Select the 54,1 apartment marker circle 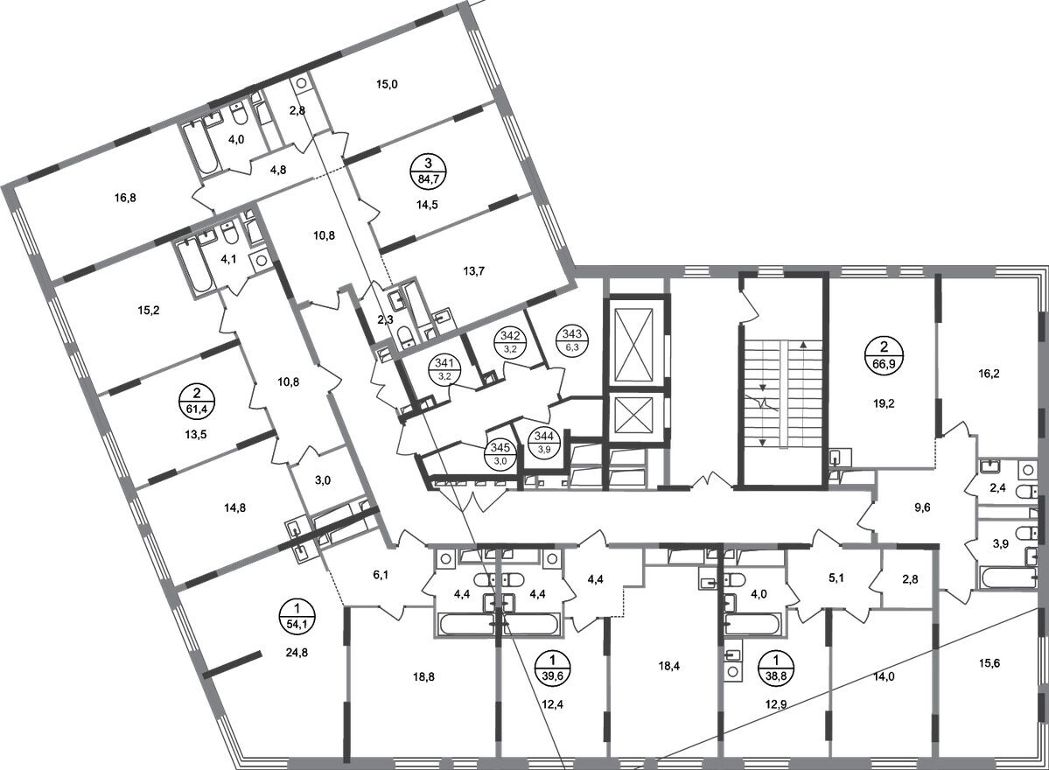297,616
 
